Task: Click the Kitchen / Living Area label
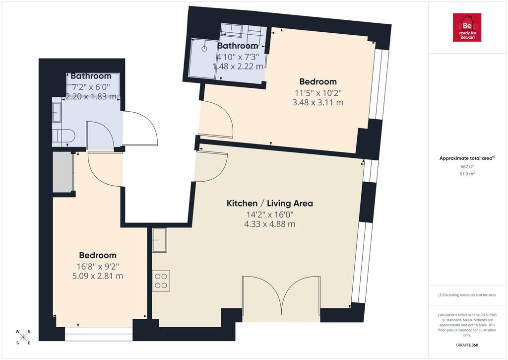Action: [x=269, y=204]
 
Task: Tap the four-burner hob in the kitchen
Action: [x=161, y=281]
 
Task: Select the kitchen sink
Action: [x=159, y=240]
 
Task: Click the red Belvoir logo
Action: [x=467, y=28]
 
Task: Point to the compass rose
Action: [x=23, y=337]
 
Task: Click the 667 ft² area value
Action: [x=467, y=166]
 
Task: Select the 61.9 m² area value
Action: [x=467, y=174]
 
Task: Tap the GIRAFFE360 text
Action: [x=467, y=345]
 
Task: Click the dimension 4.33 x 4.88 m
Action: [x=269, y=224]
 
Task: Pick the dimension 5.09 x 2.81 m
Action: [x=98, y=276]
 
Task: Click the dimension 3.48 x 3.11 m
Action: [x=318, y=102]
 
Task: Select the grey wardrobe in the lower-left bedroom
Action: [x=63, y=172]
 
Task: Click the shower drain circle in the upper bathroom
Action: [x=204, y=49]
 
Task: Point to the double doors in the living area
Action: [x=282, y=296]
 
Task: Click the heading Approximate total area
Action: [x=466, y=158]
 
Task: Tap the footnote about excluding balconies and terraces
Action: [x=467, y=295]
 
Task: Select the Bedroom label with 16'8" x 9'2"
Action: [x=98, y=255]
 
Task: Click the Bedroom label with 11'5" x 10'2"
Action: [x=318, y=82]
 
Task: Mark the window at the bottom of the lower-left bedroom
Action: [x=99, y=334]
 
